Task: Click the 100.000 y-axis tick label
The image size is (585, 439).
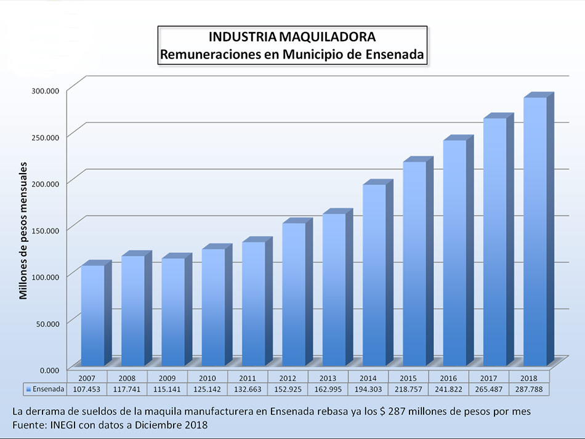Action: (45, 276)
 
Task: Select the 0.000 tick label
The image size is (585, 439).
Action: (47, 369)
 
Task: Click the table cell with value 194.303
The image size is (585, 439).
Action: (368, 389)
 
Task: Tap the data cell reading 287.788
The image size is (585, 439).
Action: (528, 389)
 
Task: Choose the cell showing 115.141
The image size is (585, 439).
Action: (167, 389)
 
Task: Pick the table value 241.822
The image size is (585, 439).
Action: (448, 389)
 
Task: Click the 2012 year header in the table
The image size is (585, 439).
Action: (288, 377)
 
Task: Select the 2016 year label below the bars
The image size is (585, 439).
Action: (448, 377)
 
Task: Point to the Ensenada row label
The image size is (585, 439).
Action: (48, 389)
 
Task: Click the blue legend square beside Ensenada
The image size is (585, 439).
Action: (28, 389)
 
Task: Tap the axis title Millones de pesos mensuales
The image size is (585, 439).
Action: (23, 230)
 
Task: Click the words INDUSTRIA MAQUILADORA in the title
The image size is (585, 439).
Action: (291, 37)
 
